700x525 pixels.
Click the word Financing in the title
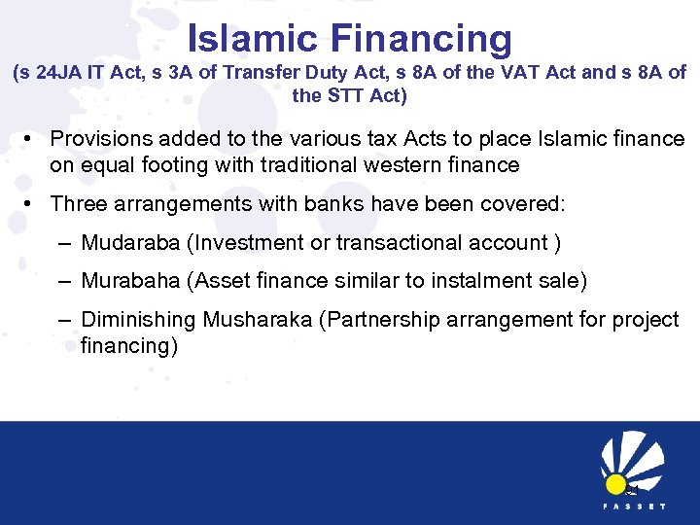click(421, 40)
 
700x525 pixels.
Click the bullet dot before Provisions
click(31, 140)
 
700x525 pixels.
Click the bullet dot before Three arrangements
click(31, 204)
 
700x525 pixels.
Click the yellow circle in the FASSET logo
click(614, 483)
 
